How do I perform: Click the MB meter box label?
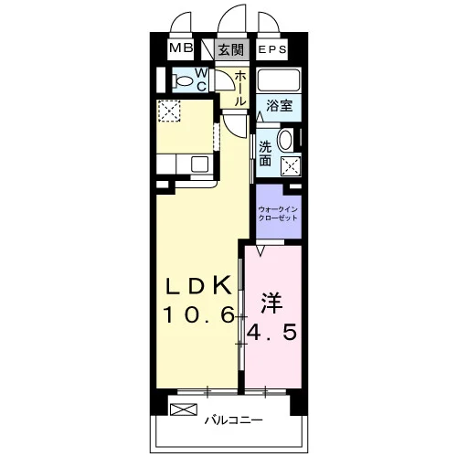181,48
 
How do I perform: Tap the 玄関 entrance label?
231,49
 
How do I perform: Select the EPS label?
272,49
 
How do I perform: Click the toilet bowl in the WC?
183,81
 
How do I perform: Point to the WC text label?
201,80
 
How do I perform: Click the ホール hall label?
240,89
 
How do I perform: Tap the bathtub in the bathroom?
279,80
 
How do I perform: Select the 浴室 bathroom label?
279,105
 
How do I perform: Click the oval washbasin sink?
285,140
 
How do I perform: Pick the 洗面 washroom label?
265,154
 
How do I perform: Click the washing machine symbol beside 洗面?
291,166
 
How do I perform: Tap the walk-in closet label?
278,214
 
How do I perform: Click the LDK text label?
197,285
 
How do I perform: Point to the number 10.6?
199,314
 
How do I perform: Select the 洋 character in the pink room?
271,303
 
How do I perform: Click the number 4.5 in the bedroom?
271,332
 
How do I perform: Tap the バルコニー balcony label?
233,420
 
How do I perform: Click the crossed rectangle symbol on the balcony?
184,409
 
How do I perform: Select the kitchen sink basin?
199,165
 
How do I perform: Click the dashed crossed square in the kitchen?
169,111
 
